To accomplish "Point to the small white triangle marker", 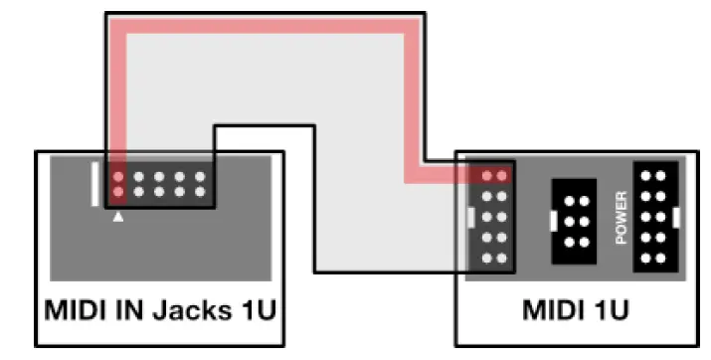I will point(118,216).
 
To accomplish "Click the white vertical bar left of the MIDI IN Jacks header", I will point(95,184).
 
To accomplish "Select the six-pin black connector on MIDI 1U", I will point(574,216).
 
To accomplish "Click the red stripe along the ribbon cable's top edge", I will point(259,34).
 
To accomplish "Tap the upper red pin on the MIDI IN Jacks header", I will point(118,177).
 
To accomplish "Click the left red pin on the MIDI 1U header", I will point(486,176).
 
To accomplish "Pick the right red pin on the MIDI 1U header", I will point(501,176).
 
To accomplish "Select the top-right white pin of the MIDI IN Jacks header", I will point(201,177).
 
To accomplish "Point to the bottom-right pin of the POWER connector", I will point(660,258).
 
